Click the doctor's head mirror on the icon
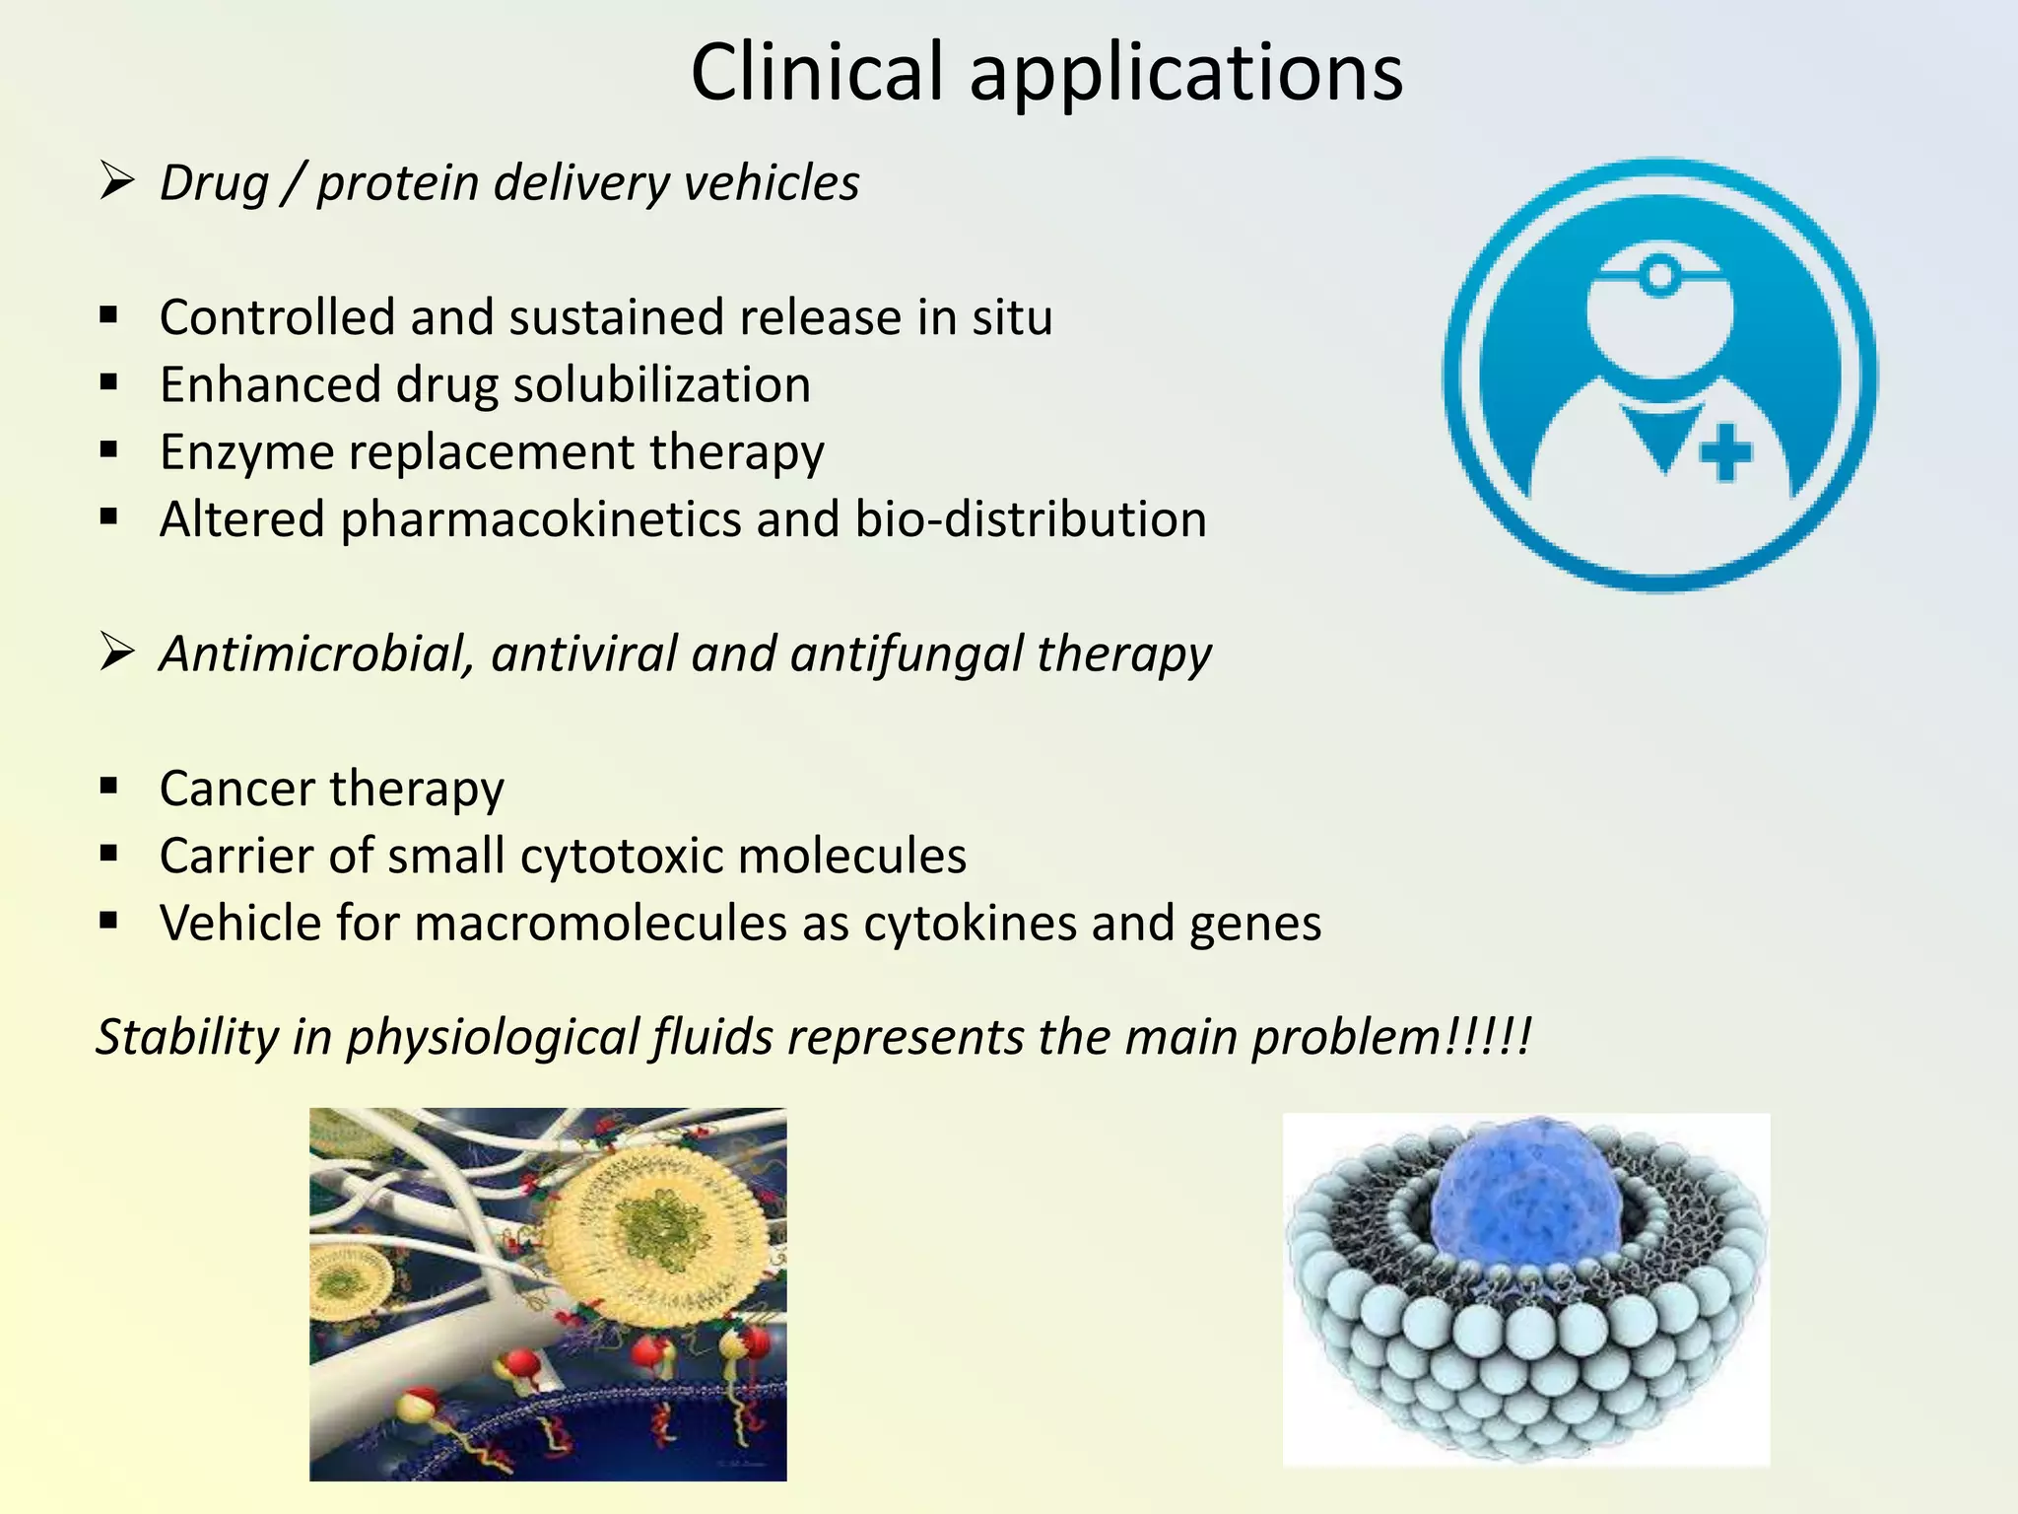(x=1661, y=276)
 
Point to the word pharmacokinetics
(x=540, y=519)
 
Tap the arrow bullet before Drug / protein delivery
(x=116, y=182)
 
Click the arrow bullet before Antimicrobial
(x=116, y=653)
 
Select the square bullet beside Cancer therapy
(x=108, y=787)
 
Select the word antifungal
(x=906, y=654)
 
